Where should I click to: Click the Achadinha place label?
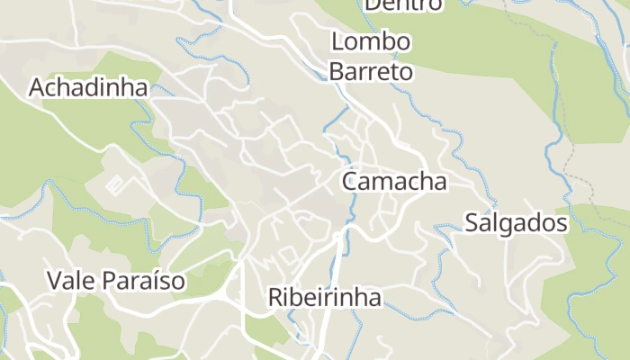point(88,87)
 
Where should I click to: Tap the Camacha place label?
point(394,181)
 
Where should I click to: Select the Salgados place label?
point(516,223)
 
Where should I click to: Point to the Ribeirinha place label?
point(325,297)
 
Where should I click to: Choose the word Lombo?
point(371,42)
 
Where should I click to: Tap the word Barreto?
point(371,71)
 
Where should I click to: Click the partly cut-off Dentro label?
point(403,4)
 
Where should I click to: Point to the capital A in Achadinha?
point(37,87)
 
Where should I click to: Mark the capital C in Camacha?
point(350,181)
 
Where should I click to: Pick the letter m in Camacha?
point(385,183)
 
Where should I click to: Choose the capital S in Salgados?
point(472,223)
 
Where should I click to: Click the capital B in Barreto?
point(336,71)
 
